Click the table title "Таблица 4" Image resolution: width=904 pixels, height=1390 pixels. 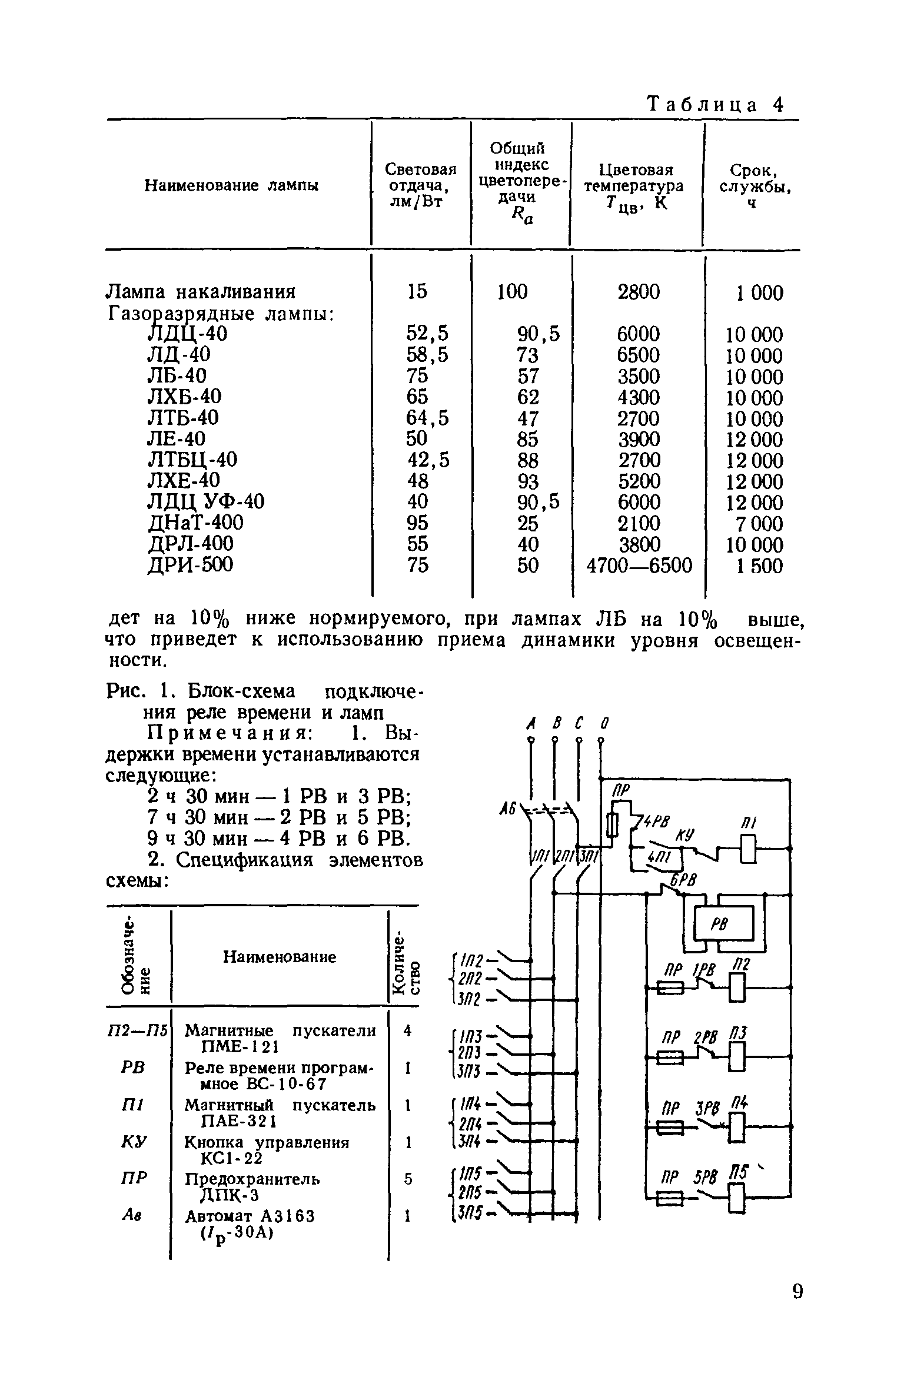tap(716, 105)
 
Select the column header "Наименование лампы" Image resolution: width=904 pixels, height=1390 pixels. tap(231, 186)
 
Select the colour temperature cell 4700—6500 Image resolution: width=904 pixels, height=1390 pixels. tap(640, 566)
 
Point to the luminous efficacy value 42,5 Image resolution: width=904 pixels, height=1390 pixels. tap(428, 460)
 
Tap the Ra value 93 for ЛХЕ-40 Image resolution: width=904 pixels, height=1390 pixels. tap(528, 481)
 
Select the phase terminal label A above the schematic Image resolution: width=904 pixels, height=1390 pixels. tap(531, 722)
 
